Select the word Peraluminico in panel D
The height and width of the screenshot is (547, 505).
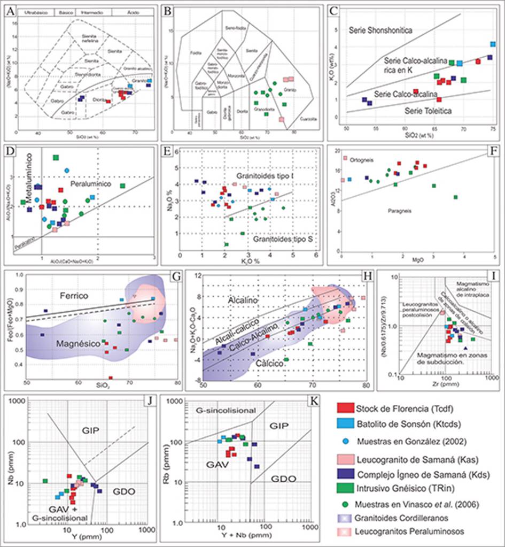pyautogui.click(x=92, y=183)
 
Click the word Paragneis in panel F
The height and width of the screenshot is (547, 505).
pyautogui.click(x=396, y=211)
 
